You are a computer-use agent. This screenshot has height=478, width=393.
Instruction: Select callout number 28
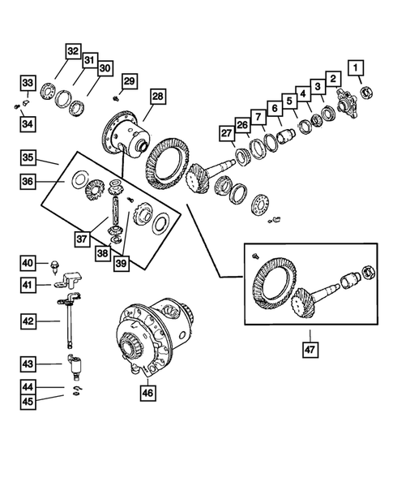156,97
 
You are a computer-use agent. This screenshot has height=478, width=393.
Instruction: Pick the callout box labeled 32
73,51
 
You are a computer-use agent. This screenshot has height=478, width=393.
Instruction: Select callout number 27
225,134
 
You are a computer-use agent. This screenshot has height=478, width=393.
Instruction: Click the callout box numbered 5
289,102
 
